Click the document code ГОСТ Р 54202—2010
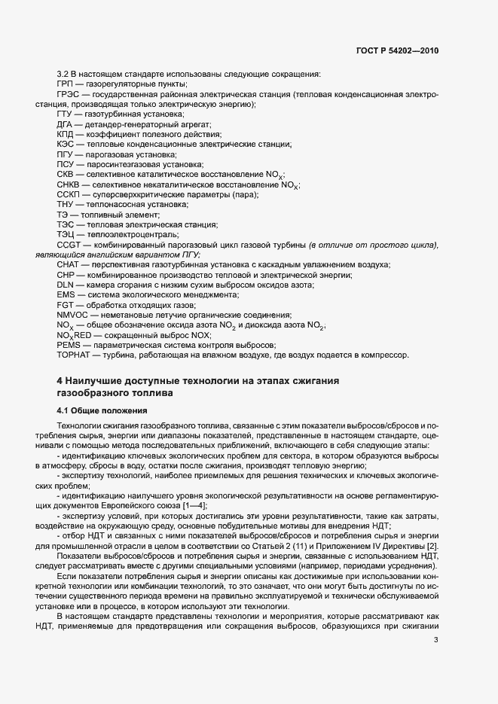coord(397,51)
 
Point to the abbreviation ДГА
coord(66,123)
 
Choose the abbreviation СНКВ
coord(67,184)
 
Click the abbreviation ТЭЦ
coord(66,234)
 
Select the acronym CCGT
coord(69,245)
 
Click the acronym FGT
coord(65,305)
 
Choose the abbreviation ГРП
coord(66,84)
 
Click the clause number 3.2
coord(63,74)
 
